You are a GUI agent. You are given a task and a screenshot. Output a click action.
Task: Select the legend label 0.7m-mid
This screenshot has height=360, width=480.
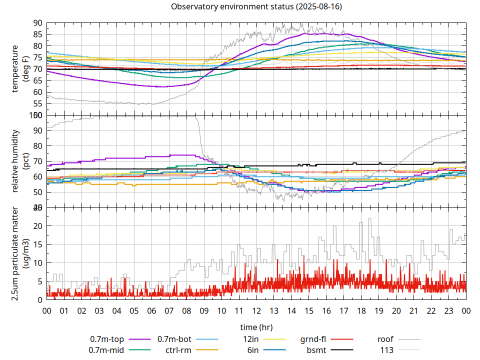106,350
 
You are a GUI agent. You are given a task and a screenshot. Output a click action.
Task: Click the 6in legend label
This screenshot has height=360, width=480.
253,350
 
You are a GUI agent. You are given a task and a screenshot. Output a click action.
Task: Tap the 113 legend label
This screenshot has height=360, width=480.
387,350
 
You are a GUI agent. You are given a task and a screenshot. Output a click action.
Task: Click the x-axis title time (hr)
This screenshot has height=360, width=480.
256,327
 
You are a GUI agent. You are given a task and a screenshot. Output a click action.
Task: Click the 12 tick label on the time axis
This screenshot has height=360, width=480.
256,311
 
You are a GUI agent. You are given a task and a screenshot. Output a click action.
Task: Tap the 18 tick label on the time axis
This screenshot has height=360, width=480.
361,311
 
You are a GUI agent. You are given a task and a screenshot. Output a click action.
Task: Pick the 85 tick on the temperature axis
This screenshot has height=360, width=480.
38,34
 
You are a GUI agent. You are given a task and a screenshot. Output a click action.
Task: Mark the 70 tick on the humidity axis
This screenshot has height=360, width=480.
38,161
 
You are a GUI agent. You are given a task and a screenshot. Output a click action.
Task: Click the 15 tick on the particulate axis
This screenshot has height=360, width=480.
38,244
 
